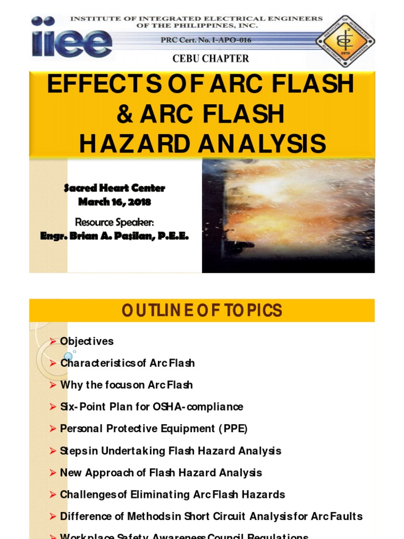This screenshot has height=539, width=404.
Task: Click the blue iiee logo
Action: pyautogui.click(x=72, y=36)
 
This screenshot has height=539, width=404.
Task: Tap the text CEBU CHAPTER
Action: pyautogui.click(x=211, y=58)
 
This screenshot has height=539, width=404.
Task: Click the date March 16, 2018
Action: pyautogui.click(x=114, y=202)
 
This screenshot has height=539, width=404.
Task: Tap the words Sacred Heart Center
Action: pyautogui.click(x=114, y=188)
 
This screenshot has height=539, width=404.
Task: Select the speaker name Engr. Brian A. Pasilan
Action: pyautogui.click(x=114, y=236)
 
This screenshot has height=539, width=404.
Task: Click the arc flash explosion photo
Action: pyautogui.click(x=288, y=216)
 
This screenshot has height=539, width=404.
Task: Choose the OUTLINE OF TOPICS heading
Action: pyautogui.click(x=202, y=311)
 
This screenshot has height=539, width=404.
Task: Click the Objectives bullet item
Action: pyautogui.click(x=86, y=341)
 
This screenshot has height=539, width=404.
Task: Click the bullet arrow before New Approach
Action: pyautogui.click(x=53, y=473)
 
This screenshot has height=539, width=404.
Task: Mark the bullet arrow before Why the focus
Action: pyautogui.click(x=53, y=385)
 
